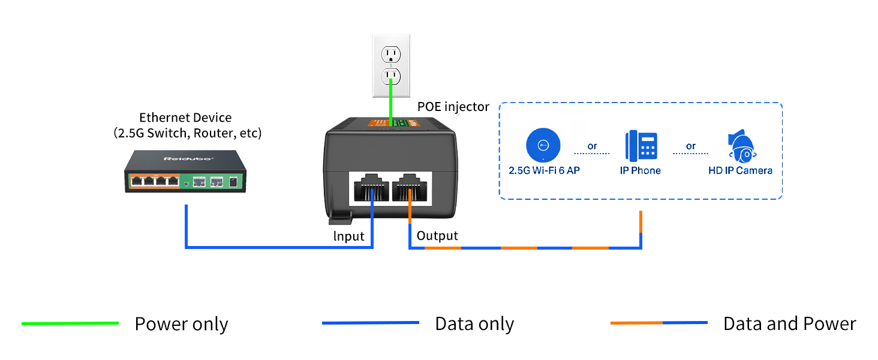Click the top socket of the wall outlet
[x=392, y=55]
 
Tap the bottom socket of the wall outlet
[x=392, y=76]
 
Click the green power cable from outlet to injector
[x=391, y=102]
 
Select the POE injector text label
[x=453, y=106]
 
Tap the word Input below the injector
[x=349, y=236]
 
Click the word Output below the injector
[x=437, y=236]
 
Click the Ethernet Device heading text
[x=185, y=118]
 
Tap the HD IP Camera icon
[x=741, y=146]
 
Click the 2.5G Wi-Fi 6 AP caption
[x=544, y=170]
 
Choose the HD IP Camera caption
[x=740, y=170]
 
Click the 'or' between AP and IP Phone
[x=593, y=146]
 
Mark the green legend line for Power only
[x=70, y=323]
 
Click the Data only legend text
[x=474, y=324]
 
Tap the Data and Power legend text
[x=789, y=324]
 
